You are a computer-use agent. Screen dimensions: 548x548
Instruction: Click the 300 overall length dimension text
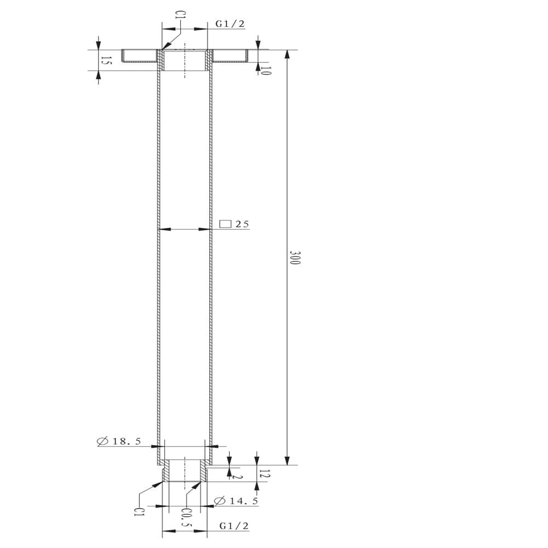point(295,258)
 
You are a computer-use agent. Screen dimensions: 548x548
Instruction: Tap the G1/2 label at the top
point(230,24)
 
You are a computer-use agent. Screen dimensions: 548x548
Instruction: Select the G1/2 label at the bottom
point(234,526)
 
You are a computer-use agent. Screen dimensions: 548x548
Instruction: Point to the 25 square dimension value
point(242,224)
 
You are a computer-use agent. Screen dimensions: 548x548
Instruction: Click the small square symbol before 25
point(225,224)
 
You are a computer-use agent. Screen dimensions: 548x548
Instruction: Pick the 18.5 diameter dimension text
point(127,441)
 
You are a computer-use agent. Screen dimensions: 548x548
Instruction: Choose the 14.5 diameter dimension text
point(244,501)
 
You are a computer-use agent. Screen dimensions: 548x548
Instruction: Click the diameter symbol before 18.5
point(102,441)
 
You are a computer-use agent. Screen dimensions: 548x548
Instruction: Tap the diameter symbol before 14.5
point(220,501)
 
